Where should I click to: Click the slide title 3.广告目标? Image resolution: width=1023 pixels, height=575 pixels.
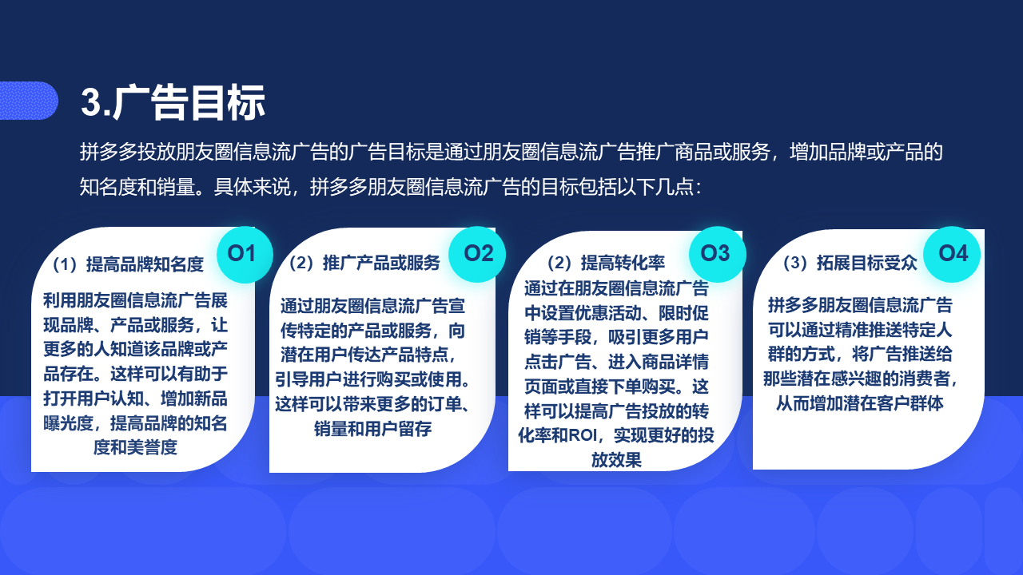pyautogui.click(x=173, y=103)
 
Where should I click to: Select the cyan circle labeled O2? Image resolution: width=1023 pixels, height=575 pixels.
pyautogui.click(x=477, y=254)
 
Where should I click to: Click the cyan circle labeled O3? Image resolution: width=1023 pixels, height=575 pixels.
pyautogui.click(x=717, y=254)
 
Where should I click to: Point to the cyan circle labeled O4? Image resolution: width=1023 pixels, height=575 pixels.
pyautogui.click(x=952, y=254)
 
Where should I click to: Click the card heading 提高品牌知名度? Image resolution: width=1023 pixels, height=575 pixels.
pyautogui.click(x=145, y=264)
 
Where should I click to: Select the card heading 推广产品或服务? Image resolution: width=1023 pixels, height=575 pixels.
pyautogui.click(x=381, y=263)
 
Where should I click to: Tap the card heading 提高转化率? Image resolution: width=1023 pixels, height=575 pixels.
pyautogui.click(x=623, y=263)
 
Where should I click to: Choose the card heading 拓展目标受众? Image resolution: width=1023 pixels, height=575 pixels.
pyautogui.click(x=867, y=263)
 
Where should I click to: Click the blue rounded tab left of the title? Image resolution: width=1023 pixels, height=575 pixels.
pyautogui.click(x=28, y=101)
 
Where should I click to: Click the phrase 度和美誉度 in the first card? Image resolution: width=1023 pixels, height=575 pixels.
pyautogui.click(x=135, y=447)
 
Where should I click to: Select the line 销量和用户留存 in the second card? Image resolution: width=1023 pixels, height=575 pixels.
pyautogui.click(x=372, y=429)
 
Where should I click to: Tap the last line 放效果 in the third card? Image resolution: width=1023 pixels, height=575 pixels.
pyautogui.click(x=616, y=460)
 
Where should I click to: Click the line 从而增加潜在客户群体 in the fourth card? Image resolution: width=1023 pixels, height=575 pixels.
pyautogui.click(x=859, y=403)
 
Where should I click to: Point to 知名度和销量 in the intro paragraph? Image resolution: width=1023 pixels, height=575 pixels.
pyautogui.click(x=137, y=187)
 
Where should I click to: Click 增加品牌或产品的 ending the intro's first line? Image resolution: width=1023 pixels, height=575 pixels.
pyautogui.click(x=866, y=152)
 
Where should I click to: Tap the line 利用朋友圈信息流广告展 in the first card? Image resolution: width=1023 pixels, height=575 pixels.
pyautogui.click(x=135, y=300)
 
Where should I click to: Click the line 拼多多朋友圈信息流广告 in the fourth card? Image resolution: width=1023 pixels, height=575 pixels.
pyautogui.click(x=859, y=305)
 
